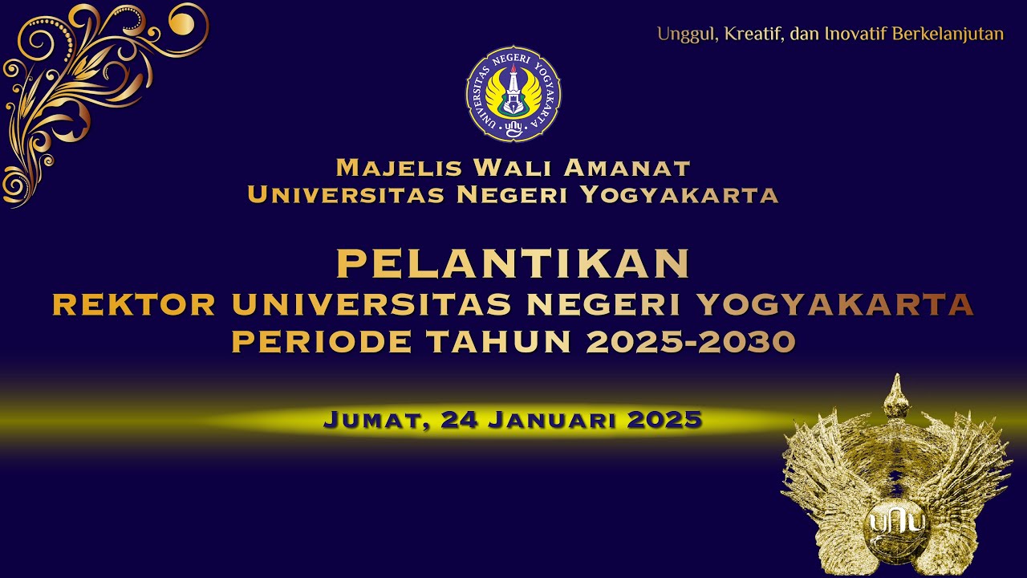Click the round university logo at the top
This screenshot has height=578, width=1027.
click(513, 94)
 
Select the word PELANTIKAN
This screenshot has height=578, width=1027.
click(513, 265)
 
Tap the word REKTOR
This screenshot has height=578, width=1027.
click(134, 305)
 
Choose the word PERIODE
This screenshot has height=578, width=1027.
click(322, 342)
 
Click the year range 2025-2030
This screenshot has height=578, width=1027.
click(691, 342)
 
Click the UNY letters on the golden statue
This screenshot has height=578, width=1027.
click(897, 522)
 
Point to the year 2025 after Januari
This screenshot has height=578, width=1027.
click(664, 420)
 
